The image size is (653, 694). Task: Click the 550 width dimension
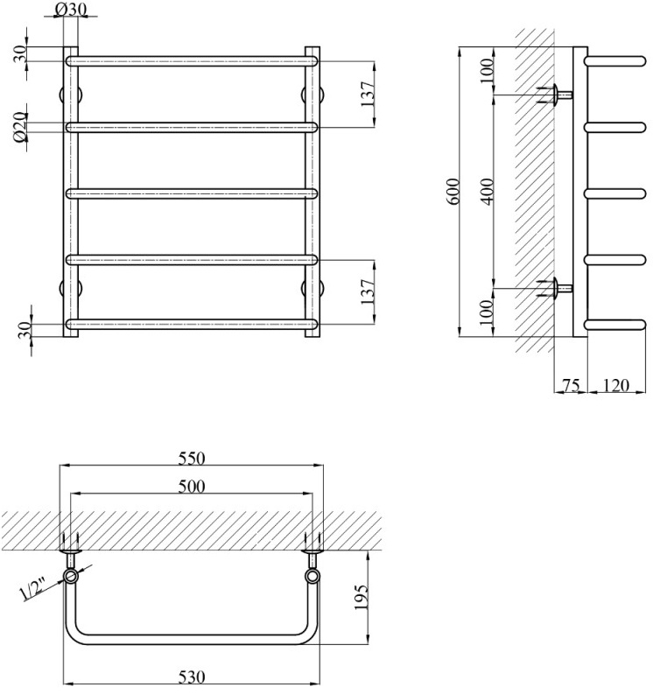coord(192,458)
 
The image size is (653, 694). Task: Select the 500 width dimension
coord(191,487)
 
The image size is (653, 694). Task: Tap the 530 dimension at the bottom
coord(192,676)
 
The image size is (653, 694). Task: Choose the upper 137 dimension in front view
coord(368,95)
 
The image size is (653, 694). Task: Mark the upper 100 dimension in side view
coord(487,72)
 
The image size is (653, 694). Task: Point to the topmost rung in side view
coord(613,61)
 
